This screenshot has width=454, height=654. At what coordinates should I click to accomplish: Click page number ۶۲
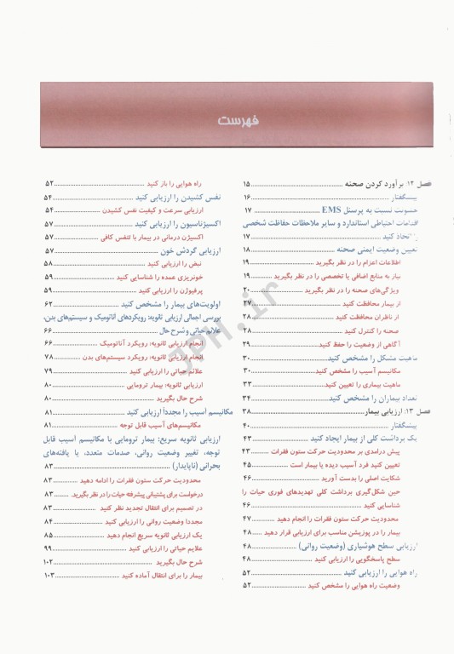[x=49, y=304]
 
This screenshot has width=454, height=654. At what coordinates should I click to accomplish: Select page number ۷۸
[x=49, y=357]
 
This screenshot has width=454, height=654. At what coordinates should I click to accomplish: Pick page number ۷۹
[x=49, y=372]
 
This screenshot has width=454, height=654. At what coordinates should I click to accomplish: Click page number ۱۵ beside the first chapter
[x=246, y=184]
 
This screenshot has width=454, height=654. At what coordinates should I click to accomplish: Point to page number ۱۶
[x=246, y=197]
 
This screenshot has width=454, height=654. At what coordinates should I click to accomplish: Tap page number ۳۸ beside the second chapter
[x=246, y=411]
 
